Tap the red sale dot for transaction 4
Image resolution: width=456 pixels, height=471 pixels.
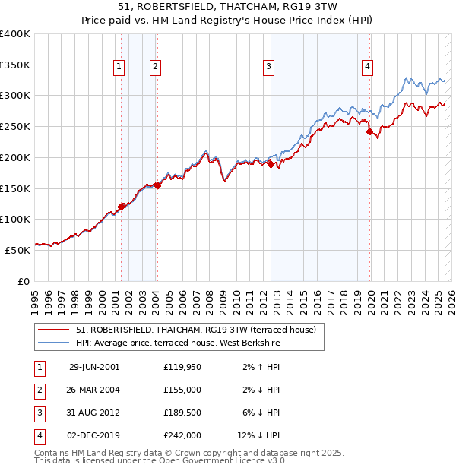point(370,132)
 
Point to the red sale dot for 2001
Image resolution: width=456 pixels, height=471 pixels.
point(122,206)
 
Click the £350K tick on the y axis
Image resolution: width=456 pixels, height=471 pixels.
point(15,65)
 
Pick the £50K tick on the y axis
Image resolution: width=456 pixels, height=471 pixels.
point(18,249)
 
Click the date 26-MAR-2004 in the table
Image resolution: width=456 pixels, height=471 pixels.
point(94,390)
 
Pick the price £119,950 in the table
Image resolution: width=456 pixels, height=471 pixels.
point(182,367)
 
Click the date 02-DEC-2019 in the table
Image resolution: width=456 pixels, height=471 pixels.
point(94,435)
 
